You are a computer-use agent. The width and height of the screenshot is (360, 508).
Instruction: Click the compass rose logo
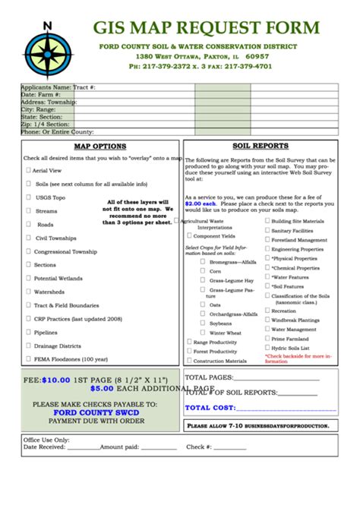coord(48,51)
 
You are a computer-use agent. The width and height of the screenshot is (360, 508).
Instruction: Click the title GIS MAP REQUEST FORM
coord(205,29)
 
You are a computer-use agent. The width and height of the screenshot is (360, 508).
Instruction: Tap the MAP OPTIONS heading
coord(99,146)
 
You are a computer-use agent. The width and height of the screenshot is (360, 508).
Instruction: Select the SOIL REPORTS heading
coord(260,146)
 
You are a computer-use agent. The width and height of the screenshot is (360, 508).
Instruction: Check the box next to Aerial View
coord(29,171)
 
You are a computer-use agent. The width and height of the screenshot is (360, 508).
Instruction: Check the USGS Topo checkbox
coord(29,197)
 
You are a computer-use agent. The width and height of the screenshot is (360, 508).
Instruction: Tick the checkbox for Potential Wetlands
coord(29,278)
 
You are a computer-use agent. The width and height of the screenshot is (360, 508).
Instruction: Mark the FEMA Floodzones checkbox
coord(29,358)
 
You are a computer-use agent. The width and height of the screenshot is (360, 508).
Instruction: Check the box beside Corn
coord(203,270)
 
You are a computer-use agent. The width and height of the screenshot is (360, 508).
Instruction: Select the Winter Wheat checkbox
coord(203,333)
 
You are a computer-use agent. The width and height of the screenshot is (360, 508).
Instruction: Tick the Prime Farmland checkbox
coord(267,339)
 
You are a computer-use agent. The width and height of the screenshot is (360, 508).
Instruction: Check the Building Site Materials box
coord(267,221)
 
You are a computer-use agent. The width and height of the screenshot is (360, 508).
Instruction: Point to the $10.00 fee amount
coord(55,378)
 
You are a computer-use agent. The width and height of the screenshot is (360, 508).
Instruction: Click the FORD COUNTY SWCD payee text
coord(96,413)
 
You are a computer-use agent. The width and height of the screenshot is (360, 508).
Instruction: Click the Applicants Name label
coord(46,87)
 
